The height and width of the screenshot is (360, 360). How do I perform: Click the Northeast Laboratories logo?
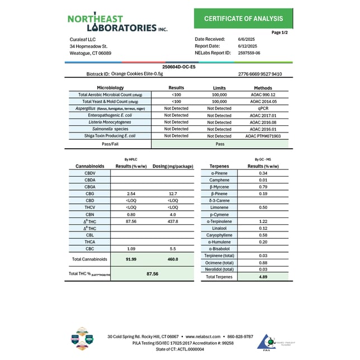[117, 23]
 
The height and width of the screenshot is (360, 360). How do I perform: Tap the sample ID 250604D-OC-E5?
[178, 67]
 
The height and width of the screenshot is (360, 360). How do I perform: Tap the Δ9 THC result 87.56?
[132, 221]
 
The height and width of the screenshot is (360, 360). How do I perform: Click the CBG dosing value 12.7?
[173, 193]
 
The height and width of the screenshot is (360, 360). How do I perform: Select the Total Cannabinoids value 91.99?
[132, 259]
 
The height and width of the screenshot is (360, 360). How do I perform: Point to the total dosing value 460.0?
[173, 259]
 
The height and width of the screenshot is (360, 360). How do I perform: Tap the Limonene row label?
[219, 207]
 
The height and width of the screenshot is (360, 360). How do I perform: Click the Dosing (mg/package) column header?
[173, 166]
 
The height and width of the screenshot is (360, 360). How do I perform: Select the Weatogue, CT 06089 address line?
[91, 53]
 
